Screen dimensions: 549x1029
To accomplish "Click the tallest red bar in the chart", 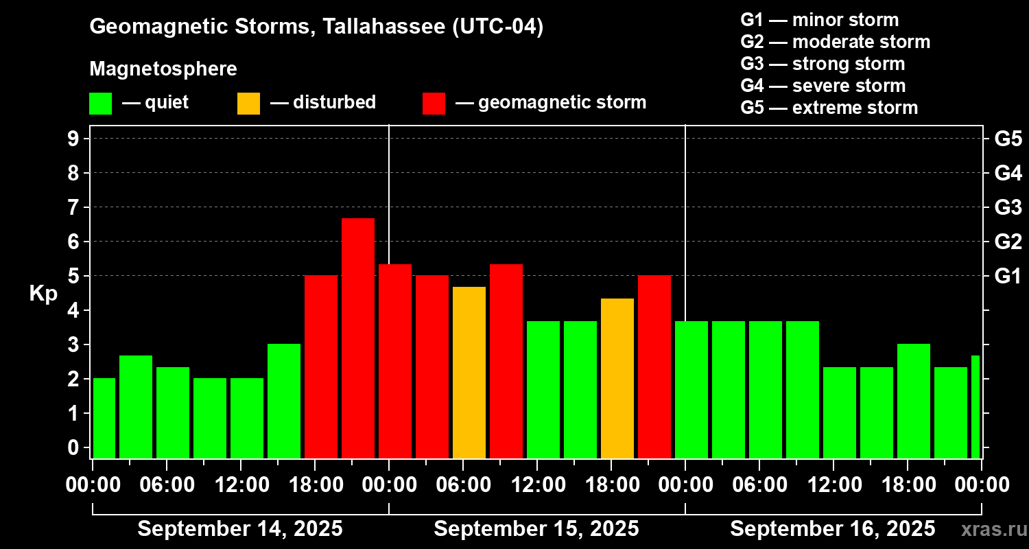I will pyautogui.click(x=358, y=338).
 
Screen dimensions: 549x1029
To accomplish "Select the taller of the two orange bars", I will pyautogui.click(x=469, y=372).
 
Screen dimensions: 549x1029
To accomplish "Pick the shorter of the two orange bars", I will pyautogui.click(x=617, y=378).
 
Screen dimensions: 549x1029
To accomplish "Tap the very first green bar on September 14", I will pyautogui.click(x=104, y=418).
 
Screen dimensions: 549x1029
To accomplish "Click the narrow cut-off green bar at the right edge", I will pyautogui.click(x=975, y=406).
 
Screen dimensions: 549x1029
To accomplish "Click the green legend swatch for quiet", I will pyautogui.click(x=100, y=104).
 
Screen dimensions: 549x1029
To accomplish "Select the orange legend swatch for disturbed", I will pyautogui.click(x=248, y=104).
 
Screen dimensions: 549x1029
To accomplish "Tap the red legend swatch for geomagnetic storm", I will pyautogui.click(x=434, y=104).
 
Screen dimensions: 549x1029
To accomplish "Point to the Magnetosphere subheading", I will pyautogui.click(x=163, y=69).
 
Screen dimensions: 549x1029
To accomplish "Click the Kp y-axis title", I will pyautogui.click(x=43, y=294).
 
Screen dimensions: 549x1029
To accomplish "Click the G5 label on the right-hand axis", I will pyautogui.click(x=1008, y=139).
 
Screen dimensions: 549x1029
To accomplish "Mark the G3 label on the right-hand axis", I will pyautogui.click(x=1008, y=207).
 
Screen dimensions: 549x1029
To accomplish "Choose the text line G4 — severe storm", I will pyautogui.click(x=823, y=86).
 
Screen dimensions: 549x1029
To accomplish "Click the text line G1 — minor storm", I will pyautogui.click(x=820, y=20).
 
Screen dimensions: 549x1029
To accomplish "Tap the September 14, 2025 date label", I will pyautogui.click(x=240, y=529).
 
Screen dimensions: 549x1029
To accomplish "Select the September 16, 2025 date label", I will pyautogui.click(x=832, y=529).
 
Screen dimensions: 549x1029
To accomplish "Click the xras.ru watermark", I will pyautogui.click(x=993, y=529).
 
